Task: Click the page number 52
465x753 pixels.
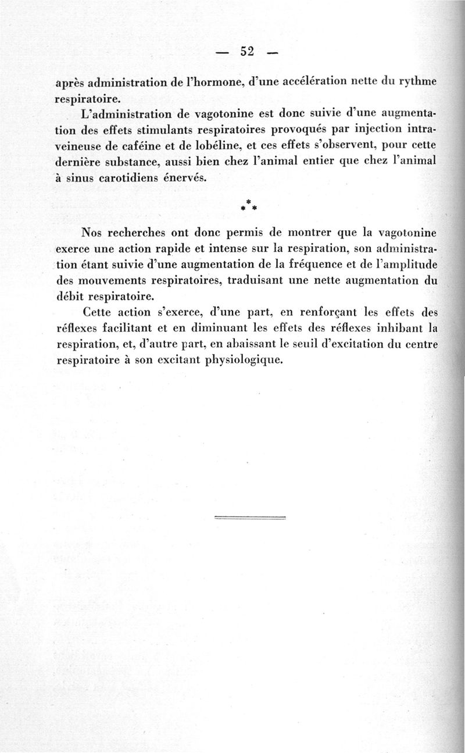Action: (x=247, y=51)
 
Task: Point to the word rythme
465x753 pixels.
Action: (x=416, y=81)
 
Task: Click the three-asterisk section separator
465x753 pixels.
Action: (x=249, y=205)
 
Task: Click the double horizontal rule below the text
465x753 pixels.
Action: (x=251, y=517)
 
